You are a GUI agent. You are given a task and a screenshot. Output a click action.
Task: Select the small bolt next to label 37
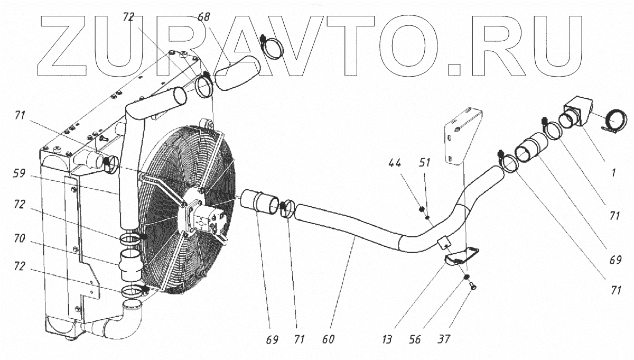click(471, 286)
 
